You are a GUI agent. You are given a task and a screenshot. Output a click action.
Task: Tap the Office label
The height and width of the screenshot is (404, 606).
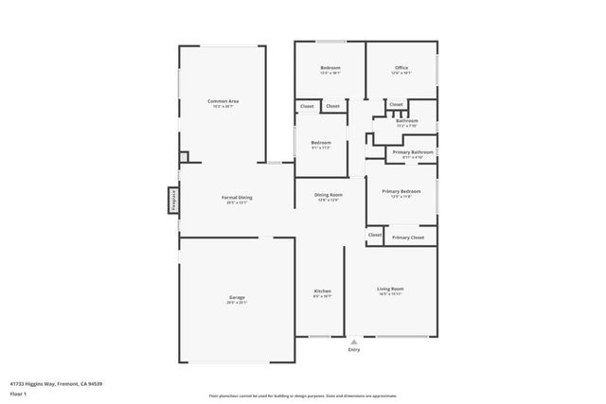tap(401, 68)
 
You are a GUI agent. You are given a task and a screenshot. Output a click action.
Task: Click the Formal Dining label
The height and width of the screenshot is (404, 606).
tap(237, 198)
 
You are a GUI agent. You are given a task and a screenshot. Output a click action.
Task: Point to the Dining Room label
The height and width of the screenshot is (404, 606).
tap(329, 195)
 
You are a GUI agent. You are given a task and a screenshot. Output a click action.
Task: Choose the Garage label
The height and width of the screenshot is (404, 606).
tap(236, 298)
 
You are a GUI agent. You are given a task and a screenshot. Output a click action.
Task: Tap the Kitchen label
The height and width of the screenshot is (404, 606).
tap(322, 290)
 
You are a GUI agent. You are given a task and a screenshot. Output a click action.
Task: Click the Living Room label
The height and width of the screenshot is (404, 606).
tap(390, 289)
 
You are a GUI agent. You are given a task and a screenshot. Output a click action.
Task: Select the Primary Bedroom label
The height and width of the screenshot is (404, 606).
tap(401, 191)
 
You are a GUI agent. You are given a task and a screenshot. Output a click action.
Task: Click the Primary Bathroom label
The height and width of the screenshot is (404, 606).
tap(414, 152)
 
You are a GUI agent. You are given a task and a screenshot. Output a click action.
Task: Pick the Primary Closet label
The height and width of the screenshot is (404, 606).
tap(409, 237)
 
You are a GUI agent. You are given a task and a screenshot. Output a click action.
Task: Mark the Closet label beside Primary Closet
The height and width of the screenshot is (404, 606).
tap(375, 235)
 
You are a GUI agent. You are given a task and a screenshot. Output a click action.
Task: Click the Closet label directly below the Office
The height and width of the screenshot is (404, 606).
tap(396, 104)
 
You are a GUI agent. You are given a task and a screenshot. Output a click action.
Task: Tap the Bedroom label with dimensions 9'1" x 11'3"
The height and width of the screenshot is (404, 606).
tap(320, 143)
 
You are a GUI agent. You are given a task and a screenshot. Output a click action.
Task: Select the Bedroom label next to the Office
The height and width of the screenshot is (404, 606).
tap(330, 68)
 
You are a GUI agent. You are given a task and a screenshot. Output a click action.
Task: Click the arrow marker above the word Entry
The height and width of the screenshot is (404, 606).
tap(354, 342)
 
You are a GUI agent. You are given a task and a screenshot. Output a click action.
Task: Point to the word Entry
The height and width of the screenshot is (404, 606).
tap(354, 350)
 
